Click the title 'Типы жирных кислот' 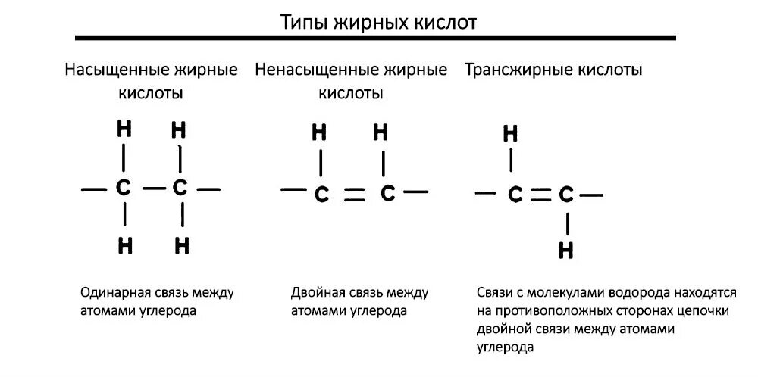point(379,22)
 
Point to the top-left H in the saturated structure point(124,129)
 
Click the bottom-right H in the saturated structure point(181,245)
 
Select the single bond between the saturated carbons point(152,188)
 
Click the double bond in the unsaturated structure point(354,195)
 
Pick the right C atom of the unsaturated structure point(387,193)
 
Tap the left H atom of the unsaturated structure point(320,133)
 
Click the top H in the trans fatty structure point(511,135)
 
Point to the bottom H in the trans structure point(565,250)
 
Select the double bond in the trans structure point(540,195)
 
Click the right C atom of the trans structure point(565,195)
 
